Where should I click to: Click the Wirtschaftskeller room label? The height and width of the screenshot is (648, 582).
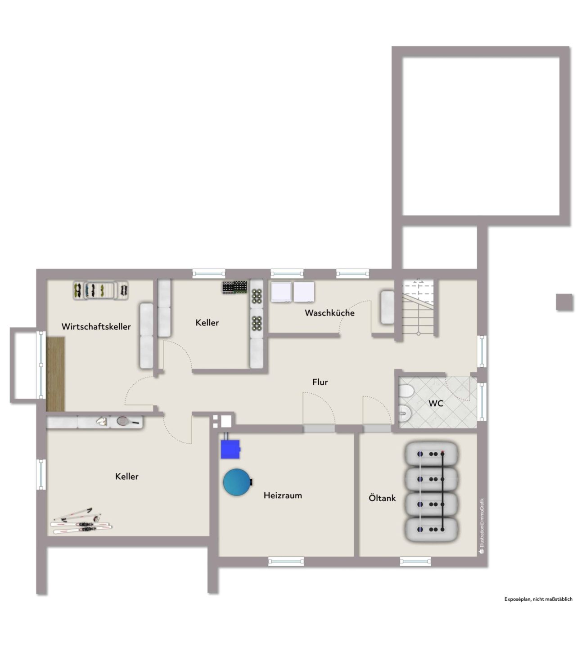(96, 327)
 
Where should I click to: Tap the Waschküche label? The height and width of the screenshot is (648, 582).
(329, 313)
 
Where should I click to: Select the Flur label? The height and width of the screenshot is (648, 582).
(320, 382)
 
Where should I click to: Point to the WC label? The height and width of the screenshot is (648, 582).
(436, 403)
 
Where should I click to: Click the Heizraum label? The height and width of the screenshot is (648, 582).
(283, 495)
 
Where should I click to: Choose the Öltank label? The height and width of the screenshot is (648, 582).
(382, 498)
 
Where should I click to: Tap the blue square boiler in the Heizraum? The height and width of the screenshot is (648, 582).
(230, 449)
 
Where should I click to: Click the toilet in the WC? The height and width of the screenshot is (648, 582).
(406, 391)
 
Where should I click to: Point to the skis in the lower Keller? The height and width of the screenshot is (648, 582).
(81, 522)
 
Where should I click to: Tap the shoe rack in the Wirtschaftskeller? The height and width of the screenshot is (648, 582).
(100, 290)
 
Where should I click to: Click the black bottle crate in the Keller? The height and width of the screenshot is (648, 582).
(235, 287)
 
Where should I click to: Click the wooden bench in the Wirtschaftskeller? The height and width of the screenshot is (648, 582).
(56, 373)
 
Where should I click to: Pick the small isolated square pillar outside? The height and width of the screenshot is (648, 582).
(564, 302)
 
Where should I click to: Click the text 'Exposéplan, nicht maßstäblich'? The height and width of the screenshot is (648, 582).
(538, 599)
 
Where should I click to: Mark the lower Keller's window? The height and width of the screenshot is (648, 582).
(41, 474)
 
